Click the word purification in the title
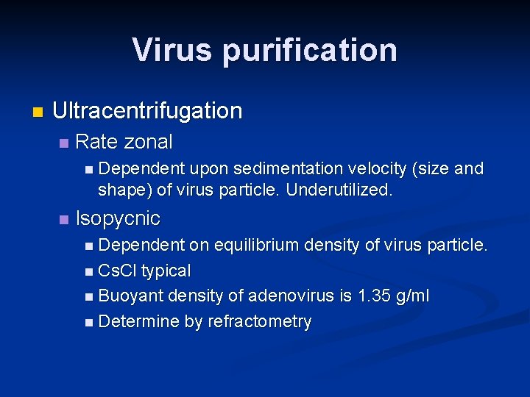click(x=310, y=50)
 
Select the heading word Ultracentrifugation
click(x=147, y=111)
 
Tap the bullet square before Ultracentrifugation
click(x=38, y=112)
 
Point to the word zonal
click(x=149, y=141)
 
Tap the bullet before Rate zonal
click(x=64, y=143)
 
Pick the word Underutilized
click(x=339, y=190)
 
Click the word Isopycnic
click(x=118, y=218)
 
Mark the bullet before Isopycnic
click(x=64, y=220)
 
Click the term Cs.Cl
click(x=117, y=271)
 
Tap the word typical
click(x=166, y=271)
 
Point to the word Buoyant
click(x=131, y=296)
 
